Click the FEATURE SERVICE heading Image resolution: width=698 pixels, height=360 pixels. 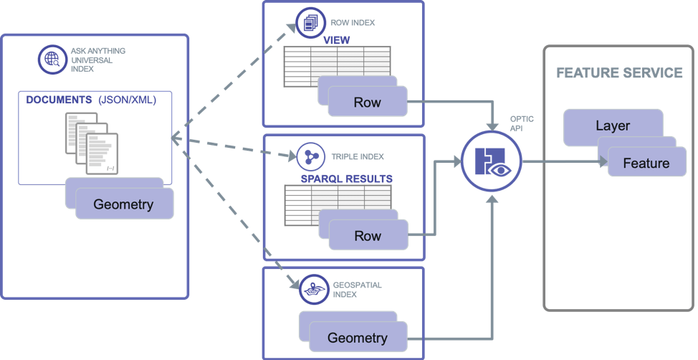(619, 73)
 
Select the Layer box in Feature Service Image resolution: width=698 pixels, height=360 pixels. (613, 125)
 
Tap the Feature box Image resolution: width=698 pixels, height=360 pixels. (646, 163)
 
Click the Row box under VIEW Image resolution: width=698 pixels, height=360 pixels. (367, 102)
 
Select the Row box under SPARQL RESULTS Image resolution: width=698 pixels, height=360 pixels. (367, 236)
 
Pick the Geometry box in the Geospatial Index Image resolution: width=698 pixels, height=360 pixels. (357, 337)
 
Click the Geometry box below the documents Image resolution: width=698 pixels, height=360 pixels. (123, 204)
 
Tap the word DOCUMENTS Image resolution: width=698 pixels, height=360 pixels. (59, 100)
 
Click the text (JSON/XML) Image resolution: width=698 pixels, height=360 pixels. (127, 100)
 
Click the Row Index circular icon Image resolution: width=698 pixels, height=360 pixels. (311, 23)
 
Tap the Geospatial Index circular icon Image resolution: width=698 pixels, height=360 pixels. (312, 289)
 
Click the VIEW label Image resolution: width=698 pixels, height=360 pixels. (337, 40)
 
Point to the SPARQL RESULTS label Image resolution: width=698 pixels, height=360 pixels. (346, 178)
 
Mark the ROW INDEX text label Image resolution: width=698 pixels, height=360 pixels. (353, 22)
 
